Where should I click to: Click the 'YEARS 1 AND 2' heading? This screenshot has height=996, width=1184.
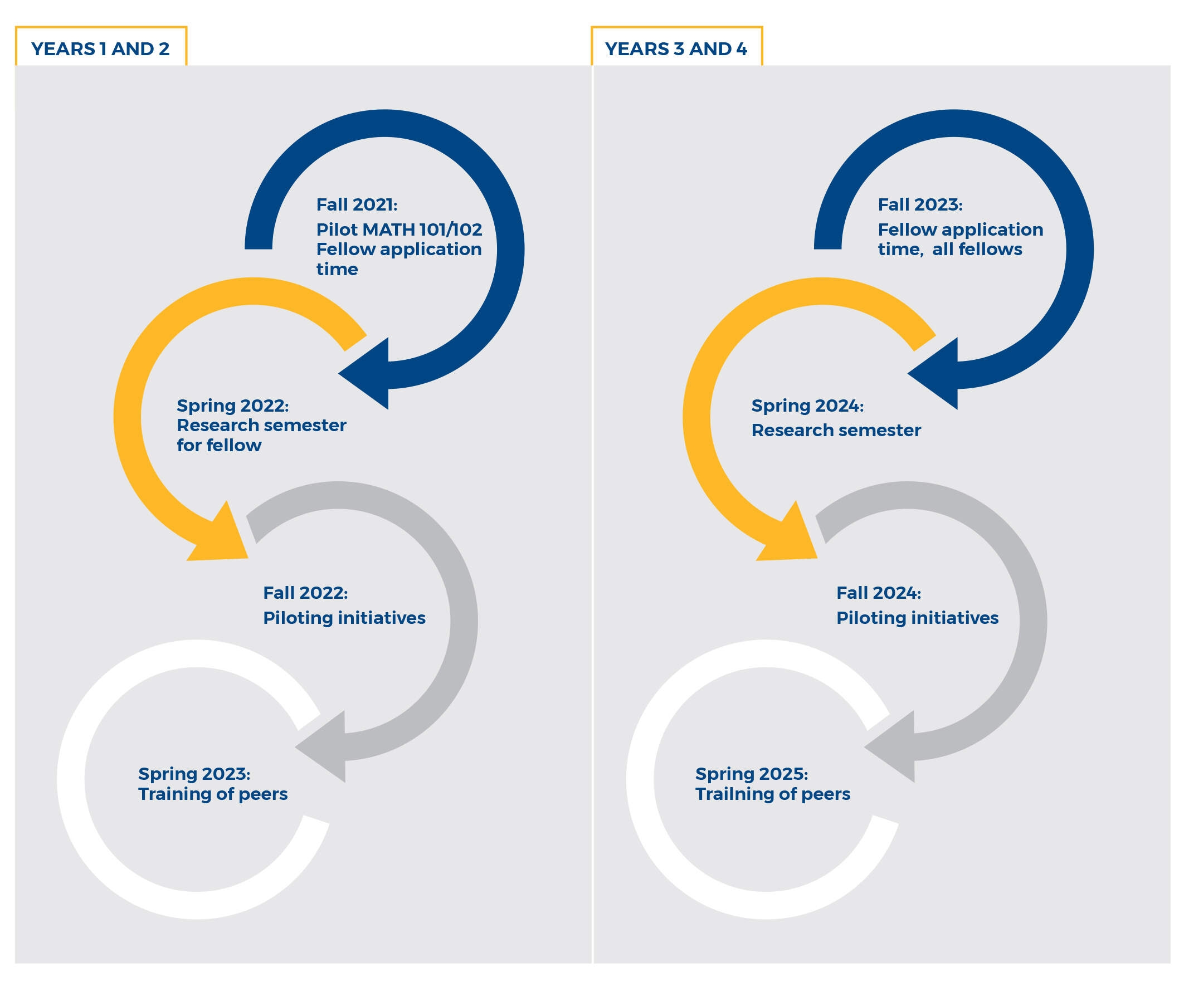[x=100, y=49]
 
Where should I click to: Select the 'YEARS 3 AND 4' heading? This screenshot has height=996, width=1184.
[x=675, y=49]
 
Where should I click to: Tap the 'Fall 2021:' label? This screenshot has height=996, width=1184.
[x=356, y=204]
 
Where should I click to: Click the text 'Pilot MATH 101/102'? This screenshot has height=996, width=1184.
[x=398, y=230]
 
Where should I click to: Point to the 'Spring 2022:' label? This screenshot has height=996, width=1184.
[x=233, y=406]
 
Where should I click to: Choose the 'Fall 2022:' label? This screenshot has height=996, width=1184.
[x=305, y=593]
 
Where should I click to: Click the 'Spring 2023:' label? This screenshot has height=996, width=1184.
[x=194, y=774]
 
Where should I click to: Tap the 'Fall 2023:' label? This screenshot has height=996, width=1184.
[x=919, y=204]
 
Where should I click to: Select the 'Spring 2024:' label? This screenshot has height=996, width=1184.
[x=807, y=406]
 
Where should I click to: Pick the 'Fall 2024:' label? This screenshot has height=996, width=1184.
[x=878, y=593]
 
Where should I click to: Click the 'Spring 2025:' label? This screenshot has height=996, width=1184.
[x=751, y=774]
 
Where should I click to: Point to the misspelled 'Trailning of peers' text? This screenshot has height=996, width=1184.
[x=772, y=794]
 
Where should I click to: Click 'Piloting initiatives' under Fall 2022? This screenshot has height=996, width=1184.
[x=344, y=618]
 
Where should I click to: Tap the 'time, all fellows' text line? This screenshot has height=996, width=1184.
[x=949, y=250]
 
